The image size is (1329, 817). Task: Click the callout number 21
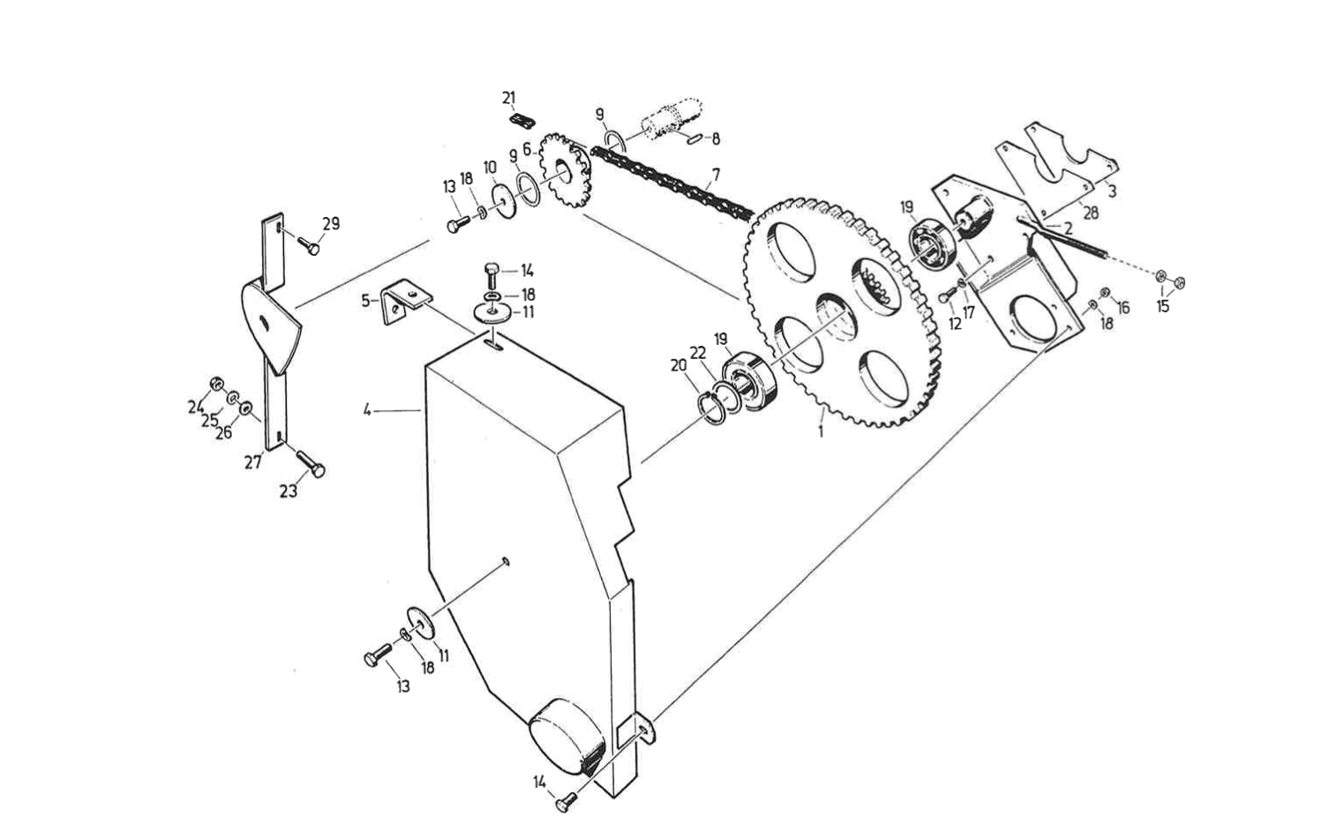tap(508, 98)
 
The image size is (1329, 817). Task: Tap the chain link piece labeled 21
tap(522, 121)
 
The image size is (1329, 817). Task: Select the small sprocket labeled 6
tap(566, 170)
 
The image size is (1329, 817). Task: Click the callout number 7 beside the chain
tap(716, 175)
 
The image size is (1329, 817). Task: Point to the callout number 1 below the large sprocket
tap(821, 431)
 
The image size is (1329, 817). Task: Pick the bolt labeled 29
tap(310, 244)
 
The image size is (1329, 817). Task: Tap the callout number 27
tap(252, 462)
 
